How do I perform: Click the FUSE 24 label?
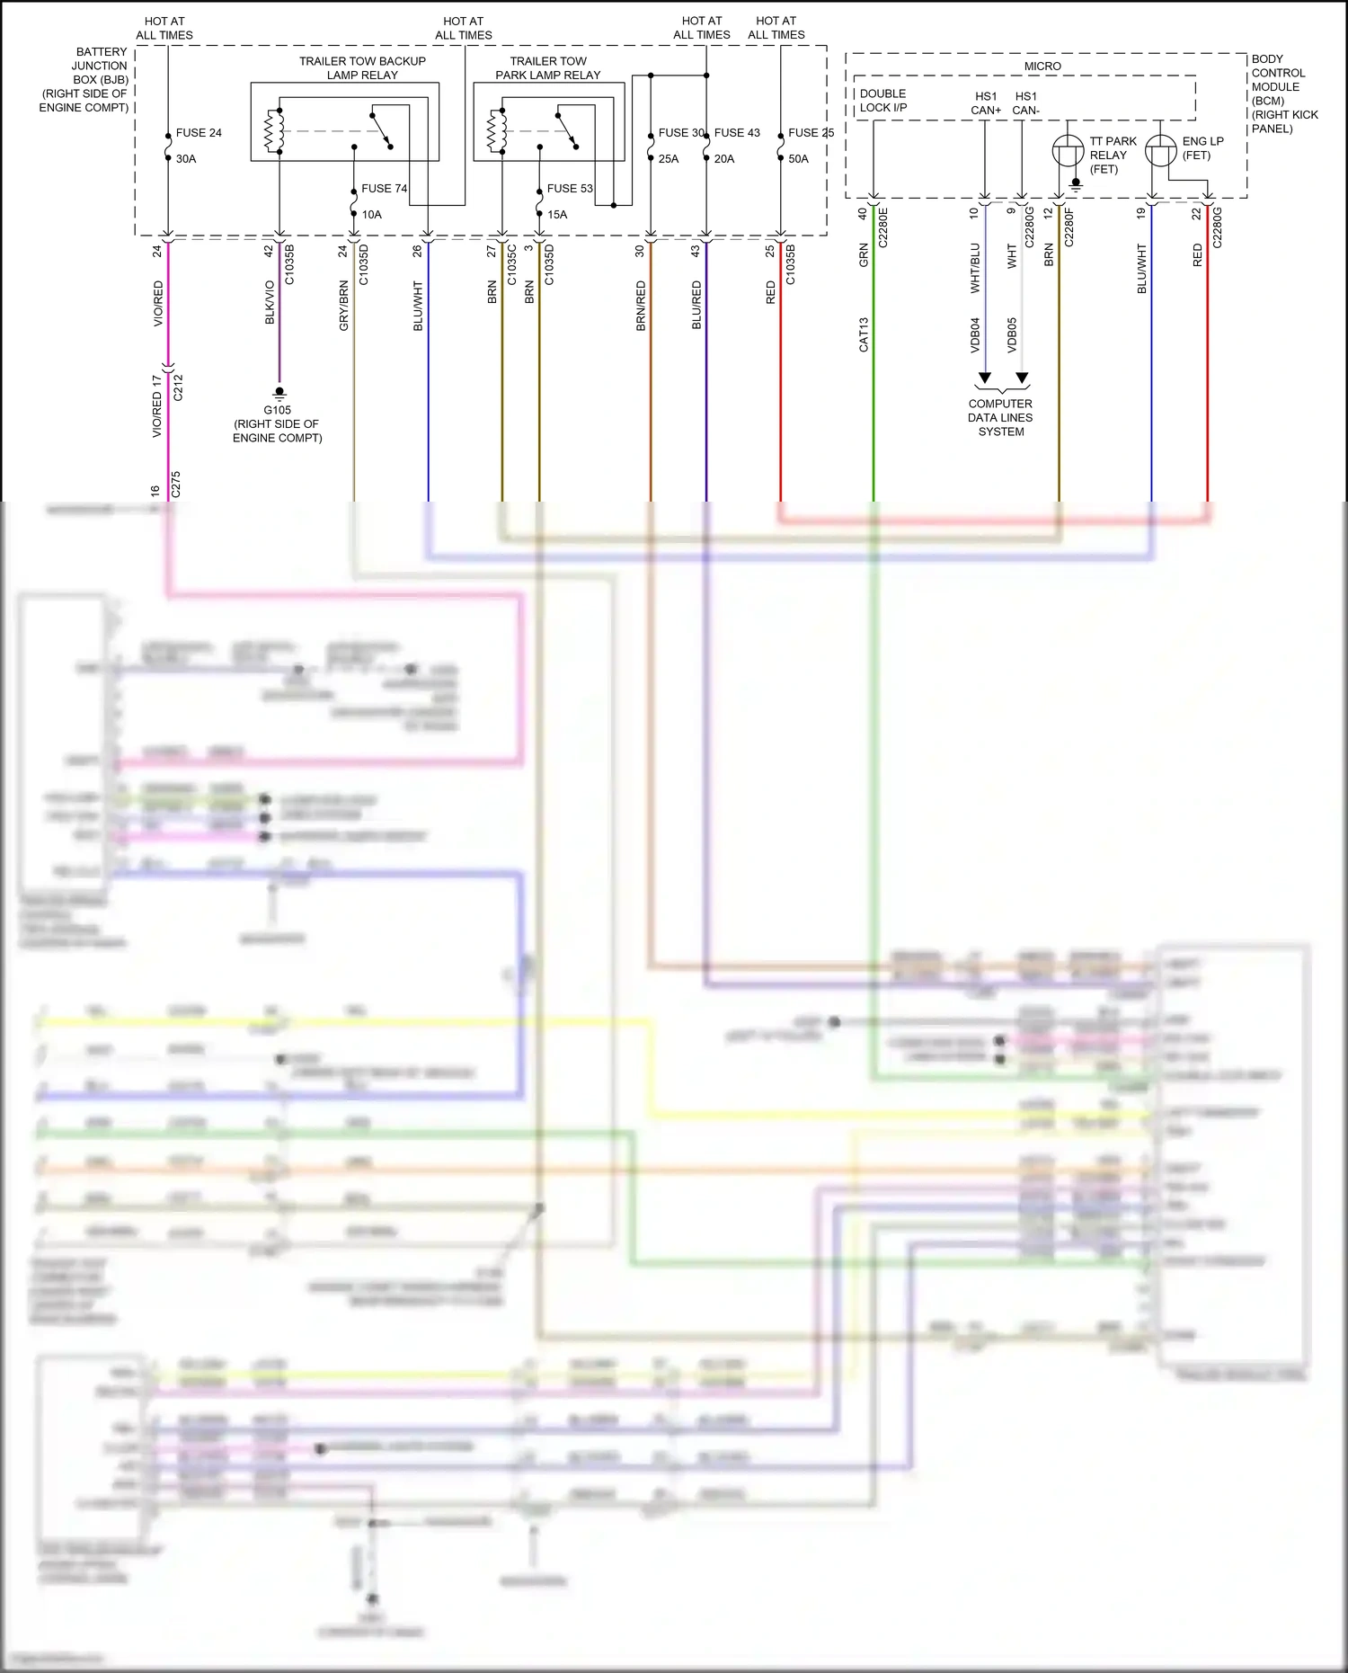tap(199, 133)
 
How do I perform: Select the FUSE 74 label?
tap(384, 189)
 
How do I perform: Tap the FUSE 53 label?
tap(570, 189)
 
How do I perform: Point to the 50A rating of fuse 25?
tap(798, 159)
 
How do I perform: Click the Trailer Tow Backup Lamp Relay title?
tap(362, 68)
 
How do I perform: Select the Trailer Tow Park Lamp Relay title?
tap(548, 68)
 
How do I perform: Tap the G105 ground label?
tap(277, 410)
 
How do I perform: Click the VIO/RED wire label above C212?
tap(159, 303)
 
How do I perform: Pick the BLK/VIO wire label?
tap(270, 302)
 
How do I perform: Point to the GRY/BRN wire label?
tap(343, 306)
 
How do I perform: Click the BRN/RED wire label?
tap(641, 306)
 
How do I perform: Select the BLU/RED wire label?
tap(696, 306)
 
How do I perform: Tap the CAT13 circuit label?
tap(864, 334)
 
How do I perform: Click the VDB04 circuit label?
tap(975, 334)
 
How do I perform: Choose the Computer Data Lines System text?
tap(1000, 418)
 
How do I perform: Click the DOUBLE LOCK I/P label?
tap(882, 101)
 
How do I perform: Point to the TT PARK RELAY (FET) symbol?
tap(1068, 150)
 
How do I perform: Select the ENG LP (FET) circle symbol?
tap(1161, 150)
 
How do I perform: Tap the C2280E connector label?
tap(882, 227)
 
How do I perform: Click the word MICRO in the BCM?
tap(1042, 67)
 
